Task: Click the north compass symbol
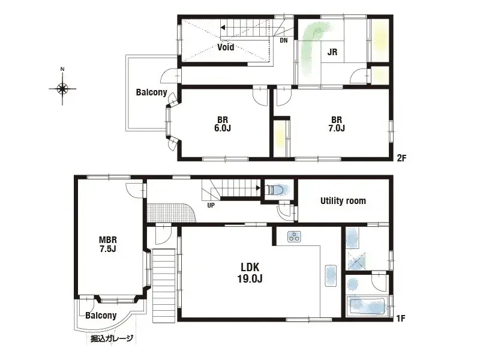coord(62,89)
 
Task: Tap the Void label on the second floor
coord(226,47)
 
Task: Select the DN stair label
coord(283,41)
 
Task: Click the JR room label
coord(332,52)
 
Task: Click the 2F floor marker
coord(401,158)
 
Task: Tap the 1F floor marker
coord(401,319)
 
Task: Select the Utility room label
coord(343,200)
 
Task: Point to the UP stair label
coord(211,205)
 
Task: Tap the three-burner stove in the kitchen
coord(293,236)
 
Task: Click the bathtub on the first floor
coord(368,307)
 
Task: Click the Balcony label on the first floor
coord(100,316)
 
